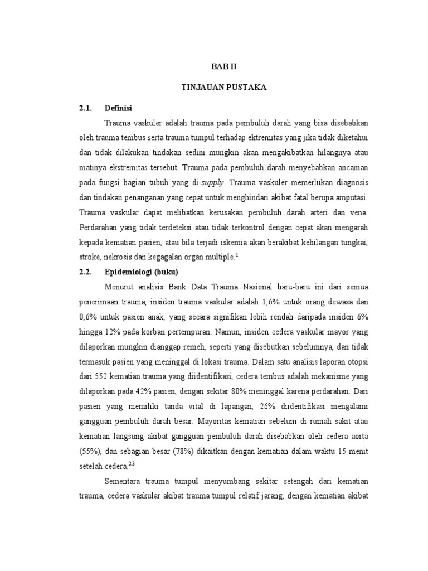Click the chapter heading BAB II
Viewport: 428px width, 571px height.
pos(223,66)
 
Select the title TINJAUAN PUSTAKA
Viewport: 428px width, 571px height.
pos(223,88)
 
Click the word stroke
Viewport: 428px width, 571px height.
pos(91,257)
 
